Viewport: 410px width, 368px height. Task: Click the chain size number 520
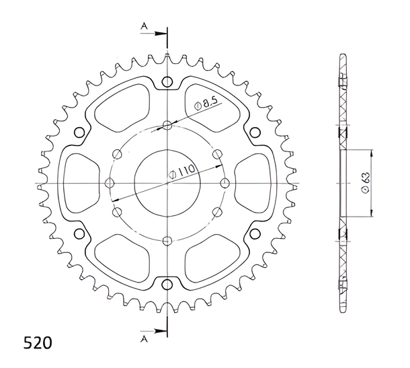38,342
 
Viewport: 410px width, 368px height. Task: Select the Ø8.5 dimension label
206,104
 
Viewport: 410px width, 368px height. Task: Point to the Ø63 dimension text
366,183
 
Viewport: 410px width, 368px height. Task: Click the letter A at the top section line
144,26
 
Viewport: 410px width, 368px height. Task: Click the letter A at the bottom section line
144,339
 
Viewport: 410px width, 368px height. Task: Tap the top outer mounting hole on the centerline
167,81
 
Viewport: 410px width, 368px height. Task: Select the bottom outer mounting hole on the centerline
167,285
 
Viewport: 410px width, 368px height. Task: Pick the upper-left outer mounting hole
79,133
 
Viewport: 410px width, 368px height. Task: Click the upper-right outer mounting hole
255,133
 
